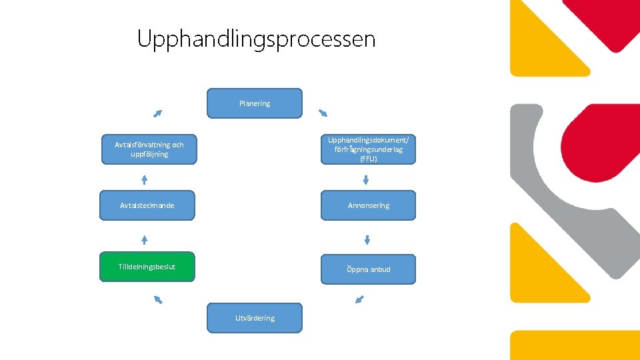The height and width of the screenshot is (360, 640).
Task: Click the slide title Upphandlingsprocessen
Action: pyautogui.click(x=256, y=39)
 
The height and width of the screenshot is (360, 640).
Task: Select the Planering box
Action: pyautogui.click(x=255, y=103)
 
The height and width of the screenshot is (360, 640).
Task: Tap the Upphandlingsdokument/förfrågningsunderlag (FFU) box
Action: pyautogui.click(x=368, y=149)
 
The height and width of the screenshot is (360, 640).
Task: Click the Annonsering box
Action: pyautogui.click(x=368, y=205)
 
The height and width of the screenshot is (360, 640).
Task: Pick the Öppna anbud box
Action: pyautogui.click(x=368, y=269)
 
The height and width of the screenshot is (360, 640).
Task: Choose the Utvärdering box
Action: pyautogui.click(x=255, y=318)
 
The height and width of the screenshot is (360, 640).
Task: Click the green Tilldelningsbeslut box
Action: pyautogui.click(x=147, y=267)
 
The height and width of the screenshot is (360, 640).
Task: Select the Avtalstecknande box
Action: pyautogui.click(x=147, y=205)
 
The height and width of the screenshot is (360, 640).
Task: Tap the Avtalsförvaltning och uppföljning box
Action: pyautogui.click(x=149, y=149)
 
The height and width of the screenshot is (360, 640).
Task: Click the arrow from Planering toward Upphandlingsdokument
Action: pyautogui.click(x=323, y=112)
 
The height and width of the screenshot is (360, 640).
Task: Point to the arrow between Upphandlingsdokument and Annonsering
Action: pyautogui.click(x=366, y=179)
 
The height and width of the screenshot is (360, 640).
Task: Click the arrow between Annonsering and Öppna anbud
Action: pyautogui.click(x=367, y=240)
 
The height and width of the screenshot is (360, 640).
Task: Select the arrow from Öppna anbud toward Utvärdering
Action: pyautogui.click(x=360, y=300)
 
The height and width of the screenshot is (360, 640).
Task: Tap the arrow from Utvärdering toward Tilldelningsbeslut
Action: pyautogui.click(x=158, y=300)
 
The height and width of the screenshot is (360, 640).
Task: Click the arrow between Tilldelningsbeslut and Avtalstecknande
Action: pyautogui.click(x=144, y=240)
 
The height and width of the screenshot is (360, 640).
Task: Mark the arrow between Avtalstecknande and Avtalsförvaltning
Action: pyautogui.click(x=144, y=179)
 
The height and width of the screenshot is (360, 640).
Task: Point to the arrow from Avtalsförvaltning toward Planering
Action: pyautogui.click(x=157, y=113)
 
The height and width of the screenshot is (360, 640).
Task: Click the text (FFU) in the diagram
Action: pyautogui.click(x=368, y=159)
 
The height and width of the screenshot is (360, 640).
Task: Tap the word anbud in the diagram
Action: pyautogui.click(x=378, y=269)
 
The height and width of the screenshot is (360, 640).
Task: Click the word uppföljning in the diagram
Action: pyautogui.click(x=149, y=154)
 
